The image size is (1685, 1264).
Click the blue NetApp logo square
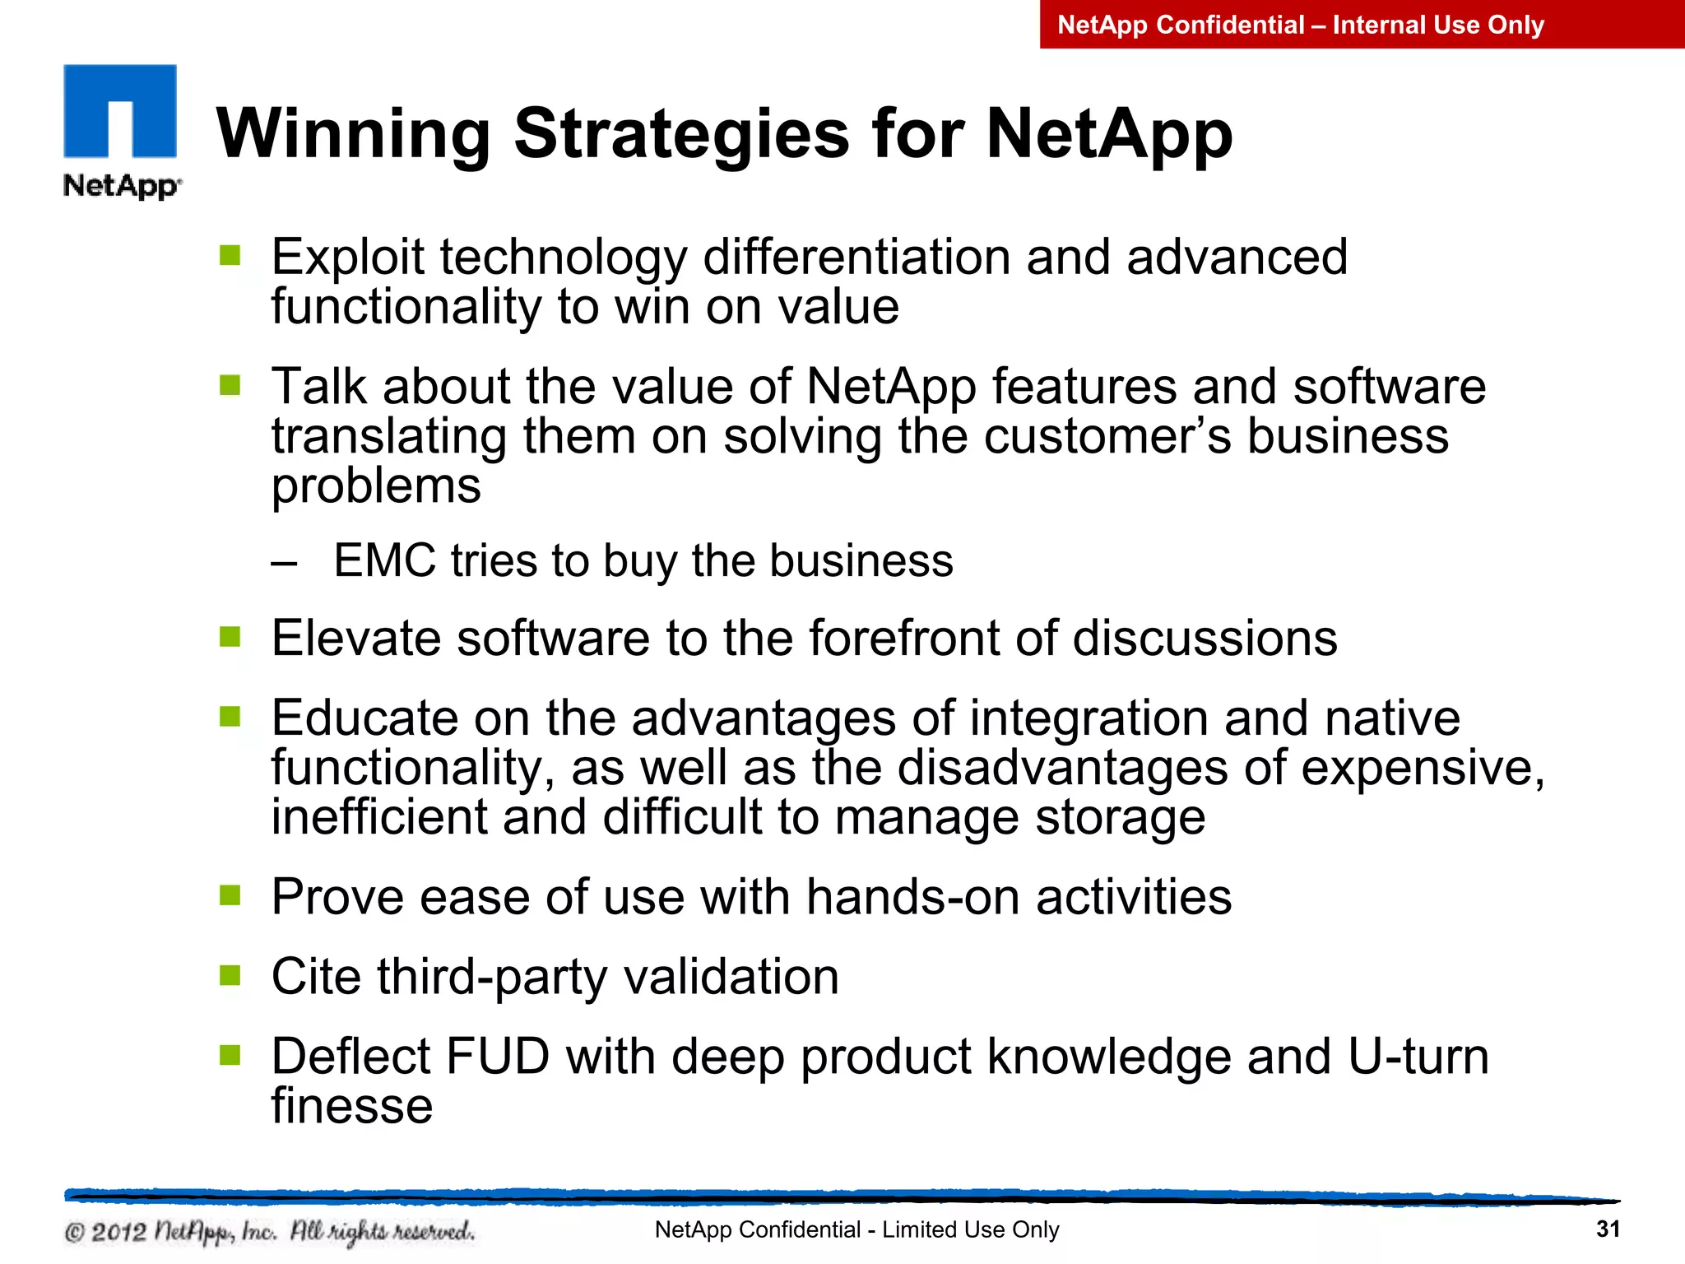coord(120,110)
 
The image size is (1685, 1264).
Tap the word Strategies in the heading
coord(681,134)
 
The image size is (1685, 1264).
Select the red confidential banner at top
coord(1362,25)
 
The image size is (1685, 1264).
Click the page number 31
coord(1608,1229)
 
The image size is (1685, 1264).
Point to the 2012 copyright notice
coord(269,1232)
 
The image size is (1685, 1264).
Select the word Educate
coord(364,718)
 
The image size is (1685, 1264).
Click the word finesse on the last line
coord(352,1106)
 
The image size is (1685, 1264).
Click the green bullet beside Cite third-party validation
coord(230,975)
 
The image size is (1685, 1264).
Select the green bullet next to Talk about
coord(230,385)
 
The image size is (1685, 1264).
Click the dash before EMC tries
coord(284,564)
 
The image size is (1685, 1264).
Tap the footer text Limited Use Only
coord(970,1229)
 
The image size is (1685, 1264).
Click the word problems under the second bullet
coord(376,487)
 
